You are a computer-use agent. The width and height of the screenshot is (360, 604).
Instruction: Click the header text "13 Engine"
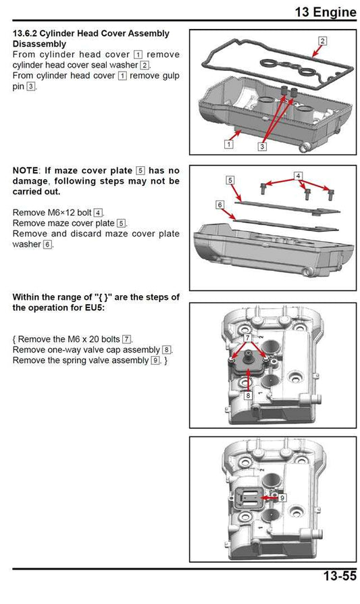pyautogui.click(x=325, y=11)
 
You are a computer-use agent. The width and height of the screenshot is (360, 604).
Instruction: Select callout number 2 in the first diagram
pyautogui.click(x=322, y=41)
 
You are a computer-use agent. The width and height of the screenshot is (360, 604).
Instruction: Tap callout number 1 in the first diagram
pyautogui.click(x=229, y=144)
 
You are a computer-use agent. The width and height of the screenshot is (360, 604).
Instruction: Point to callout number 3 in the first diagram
pyautogui.click(x=262, y=145)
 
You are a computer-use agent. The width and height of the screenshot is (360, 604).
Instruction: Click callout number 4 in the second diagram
pyautogui.click(x=298, y=176)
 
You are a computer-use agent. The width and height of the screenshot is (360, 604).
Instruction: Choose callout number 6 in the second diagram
pyautogui.click(x=220, y=204)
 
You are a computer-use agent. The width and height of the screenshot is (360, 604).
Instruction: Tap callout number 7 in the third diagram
pyautogui.click(x=248, y=336)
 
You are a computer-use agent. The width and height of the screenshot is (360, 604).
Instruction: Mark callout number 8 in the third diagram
pyautogui.click(x=248, y=395)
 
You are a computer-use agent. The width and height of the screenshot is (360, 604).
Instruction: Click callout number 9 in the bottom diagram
pyautogui.click(x=282, y=497)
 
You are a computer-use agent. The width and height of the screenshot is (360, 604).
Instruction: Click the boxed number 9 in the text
pyautogui.click(x=155, y=361)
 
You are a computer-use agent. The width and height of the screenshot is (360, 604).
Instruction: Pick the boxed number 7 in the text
pyautogui.click(x=126, y=338)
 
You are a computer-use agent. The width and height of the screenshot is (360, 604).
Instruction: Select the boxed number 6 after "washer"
pyautogui.click(x=47, y=244)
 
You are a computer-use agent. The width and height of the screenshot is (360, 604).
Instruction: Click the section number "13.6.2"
pyautogui.click(x=29, y=33)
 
